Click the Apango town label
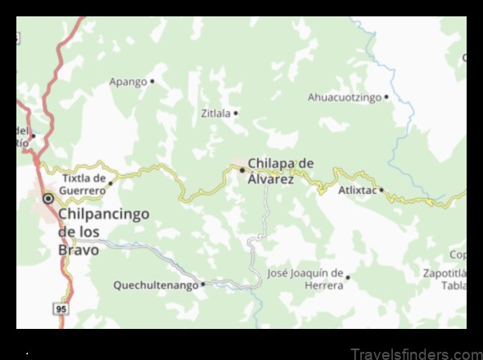pyautogui.click(x=128, y=82)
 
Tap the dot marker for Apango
pyautogui.click(x=152, y=81)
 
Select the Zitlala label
pyautogui.click(x=215, y=114)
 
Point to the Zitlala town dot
pyautogui.click(x=236, y=113)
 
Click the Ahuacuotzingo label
pyautogui.click(x=345, y=97)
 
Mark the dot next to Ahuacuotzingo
pyautogui.click(x=386, y=97)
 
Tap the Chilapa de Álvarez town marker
pyautogui.click(x=242, y=170)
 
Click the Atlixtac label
pyautogui.click(x=358, y=190)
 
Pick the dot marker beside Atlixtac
pyautogui.click(x=381, y=190)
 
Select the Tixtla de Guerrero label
pyautogui.click(x=84, y=184)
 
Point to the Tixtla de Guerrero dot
pyautogui.click(x=111, y=183)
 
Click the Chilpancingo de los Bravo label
pyautogui.click(x=103, y=232)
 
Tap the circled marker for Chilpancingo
pyautogui.click(x=48, y=197)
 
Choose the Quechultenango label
pyautogui.click(x=156, y=286)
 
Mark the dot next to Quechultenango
pyautogui.click(x=203, y=285)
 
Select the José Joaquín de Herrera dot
pyautogui.click(x=347, y=277)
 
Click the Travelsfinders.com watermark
pyautogui.click(x=416, y=354)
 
